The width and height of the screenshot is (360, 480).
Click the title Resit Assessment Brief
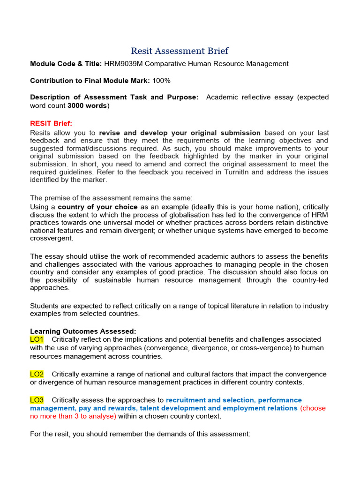point(180,51)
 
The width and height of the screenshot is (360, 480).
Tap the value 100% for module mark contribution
point(161,81)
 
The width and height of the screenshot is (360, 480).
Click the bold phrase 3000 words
point(87,105)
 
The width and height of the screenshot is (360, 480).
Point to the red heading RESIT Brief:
point(51,123)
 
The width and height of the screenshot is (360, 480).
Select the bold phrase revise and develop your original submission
point(180,133)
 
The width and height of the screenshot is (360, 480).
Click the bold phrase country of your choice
point(97,207)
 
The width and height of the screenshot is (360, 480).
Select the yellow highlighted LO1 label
point(37,339)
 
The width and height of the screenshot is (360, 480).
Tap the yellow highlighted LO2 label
point(37,374)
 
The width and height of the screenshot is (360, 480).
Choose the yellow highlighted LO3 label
point(37,400)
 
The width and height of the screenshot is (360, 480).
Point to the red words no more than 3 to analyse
point(73,416)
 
